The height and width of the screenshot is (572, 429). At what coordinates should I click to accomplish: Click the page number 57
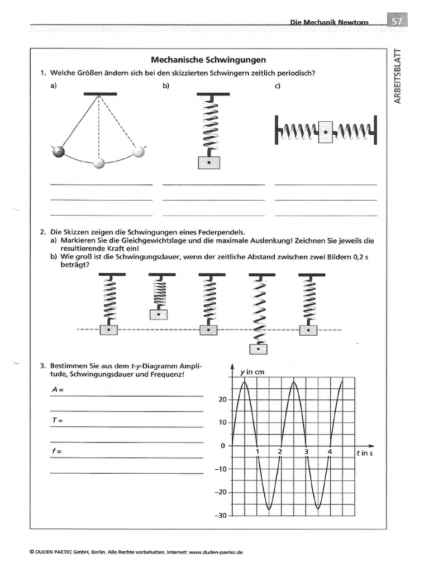[x=397, y=21]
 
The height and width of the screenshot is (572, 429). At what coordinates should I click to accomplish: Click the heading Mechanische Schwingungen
[x=208, y=60]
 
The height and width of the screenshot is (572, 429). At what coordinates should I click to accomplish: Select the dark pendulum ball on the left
[x=58, y=152]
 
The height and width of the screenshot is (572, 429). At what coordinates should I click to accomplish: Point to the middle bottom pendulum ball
[x=99, y=163]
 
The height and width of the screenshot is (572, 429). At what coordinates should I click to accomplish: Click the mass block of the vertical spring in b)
[x=209, y=162]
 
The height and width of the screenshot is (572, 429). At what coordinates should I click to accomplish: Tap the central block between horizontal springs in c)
[x=325, y=132]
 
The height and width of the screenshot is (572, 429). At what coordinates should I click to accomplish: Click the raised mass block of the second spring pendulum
[x=159, y=314]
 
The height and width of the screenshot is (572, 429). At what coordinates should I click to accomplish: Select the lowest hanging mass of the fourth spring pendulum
[x=258, y=349]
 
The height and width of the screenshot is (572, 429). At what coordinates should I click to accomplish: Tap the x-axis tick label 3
[x=306, y=451]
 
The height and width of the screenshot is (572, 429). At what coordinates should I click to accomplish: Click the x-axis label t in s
[x=364, y=453]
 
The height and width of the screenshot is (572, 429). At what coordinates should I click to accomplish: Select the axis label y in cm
[x=252, y=371]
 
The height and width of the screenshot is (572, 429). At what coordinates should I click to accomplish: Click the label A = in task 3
[x=55, y=389]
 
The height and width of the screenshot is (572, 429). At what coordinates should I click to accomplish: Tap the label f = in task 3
[x=55, y=450]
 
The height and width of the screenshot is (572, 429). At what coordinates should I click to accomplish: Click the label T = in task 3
[x=55, y=420]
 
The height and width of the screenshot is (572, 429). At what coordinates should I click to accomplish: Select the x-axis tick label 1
[x=257, y=451]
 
